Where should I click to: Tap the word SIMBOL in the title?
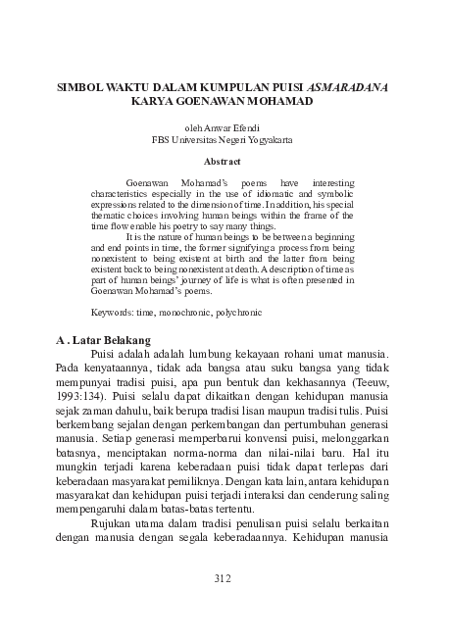click(x=80, y=86)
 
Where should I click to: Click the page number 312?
click(x=223, y=578)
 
